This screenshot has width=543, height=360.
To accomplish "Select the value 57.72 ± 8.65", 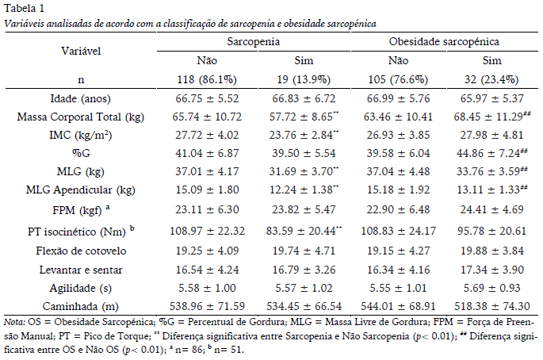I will tap(300, 117).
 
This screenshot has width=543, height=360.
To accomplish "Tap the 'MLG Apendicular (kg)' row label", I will tap(81, 191).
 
